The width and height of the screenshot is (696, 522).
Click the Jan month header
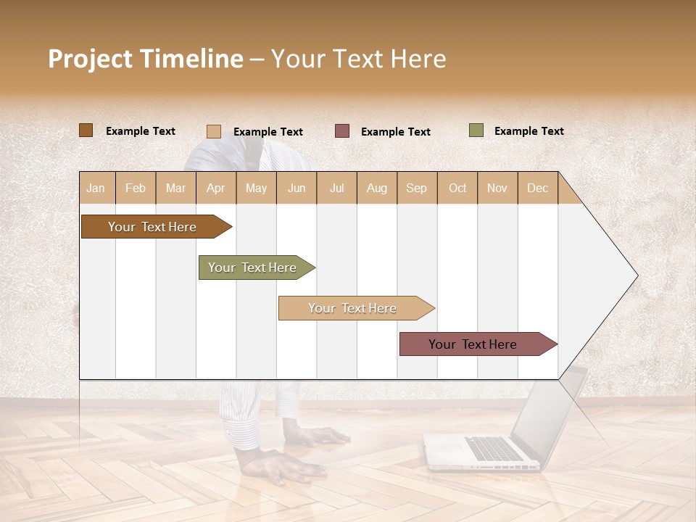coord(96,188)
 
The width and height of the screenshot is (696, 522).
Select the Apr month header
coord(216,188)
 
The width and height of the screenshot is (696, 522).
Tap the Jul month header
coord(336,188)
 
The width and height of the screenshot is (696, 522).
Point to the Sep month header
coord(417,188)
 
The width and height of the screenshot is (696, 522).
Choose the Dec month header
coord(537,188)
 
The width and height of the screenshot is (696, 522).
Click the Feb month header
coord(136,188)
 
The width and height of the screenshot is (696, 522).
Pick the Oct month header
coord(457,188)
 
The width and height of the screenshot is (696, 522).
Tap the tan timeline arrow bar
coord(353,308)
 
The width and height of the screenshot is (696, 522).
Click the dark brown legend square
coord(86,130)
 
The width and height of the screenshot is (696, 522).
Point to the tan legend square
coord(214,131)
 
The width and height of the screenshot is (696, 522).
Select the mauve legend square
coord(342,131)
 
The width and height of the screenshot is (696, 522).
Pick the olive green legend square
coord(476,130)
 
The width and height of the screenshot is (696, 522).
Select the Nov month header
coord(497,188)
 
